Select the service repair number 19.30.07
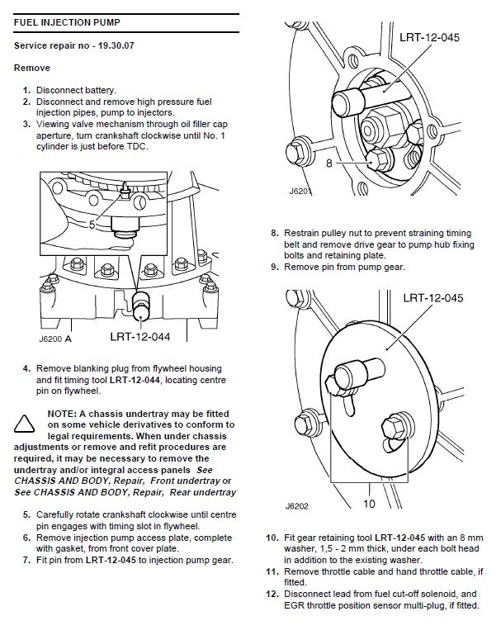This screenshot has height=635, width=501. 74,45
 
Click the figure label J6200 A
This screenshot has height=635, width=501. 56,338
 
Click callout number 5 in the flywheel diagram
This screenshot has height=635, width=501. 92,224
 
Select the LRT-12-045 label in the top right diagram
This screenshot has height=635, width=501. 429,37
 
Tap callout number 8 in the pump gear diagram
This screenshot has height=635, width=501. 329,163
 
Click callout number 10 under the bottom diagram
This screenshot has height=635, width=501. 369,503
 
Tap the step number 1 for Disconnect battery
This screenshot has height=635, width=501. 26,90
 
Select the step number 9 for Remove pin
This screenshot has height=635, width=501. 274,267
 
